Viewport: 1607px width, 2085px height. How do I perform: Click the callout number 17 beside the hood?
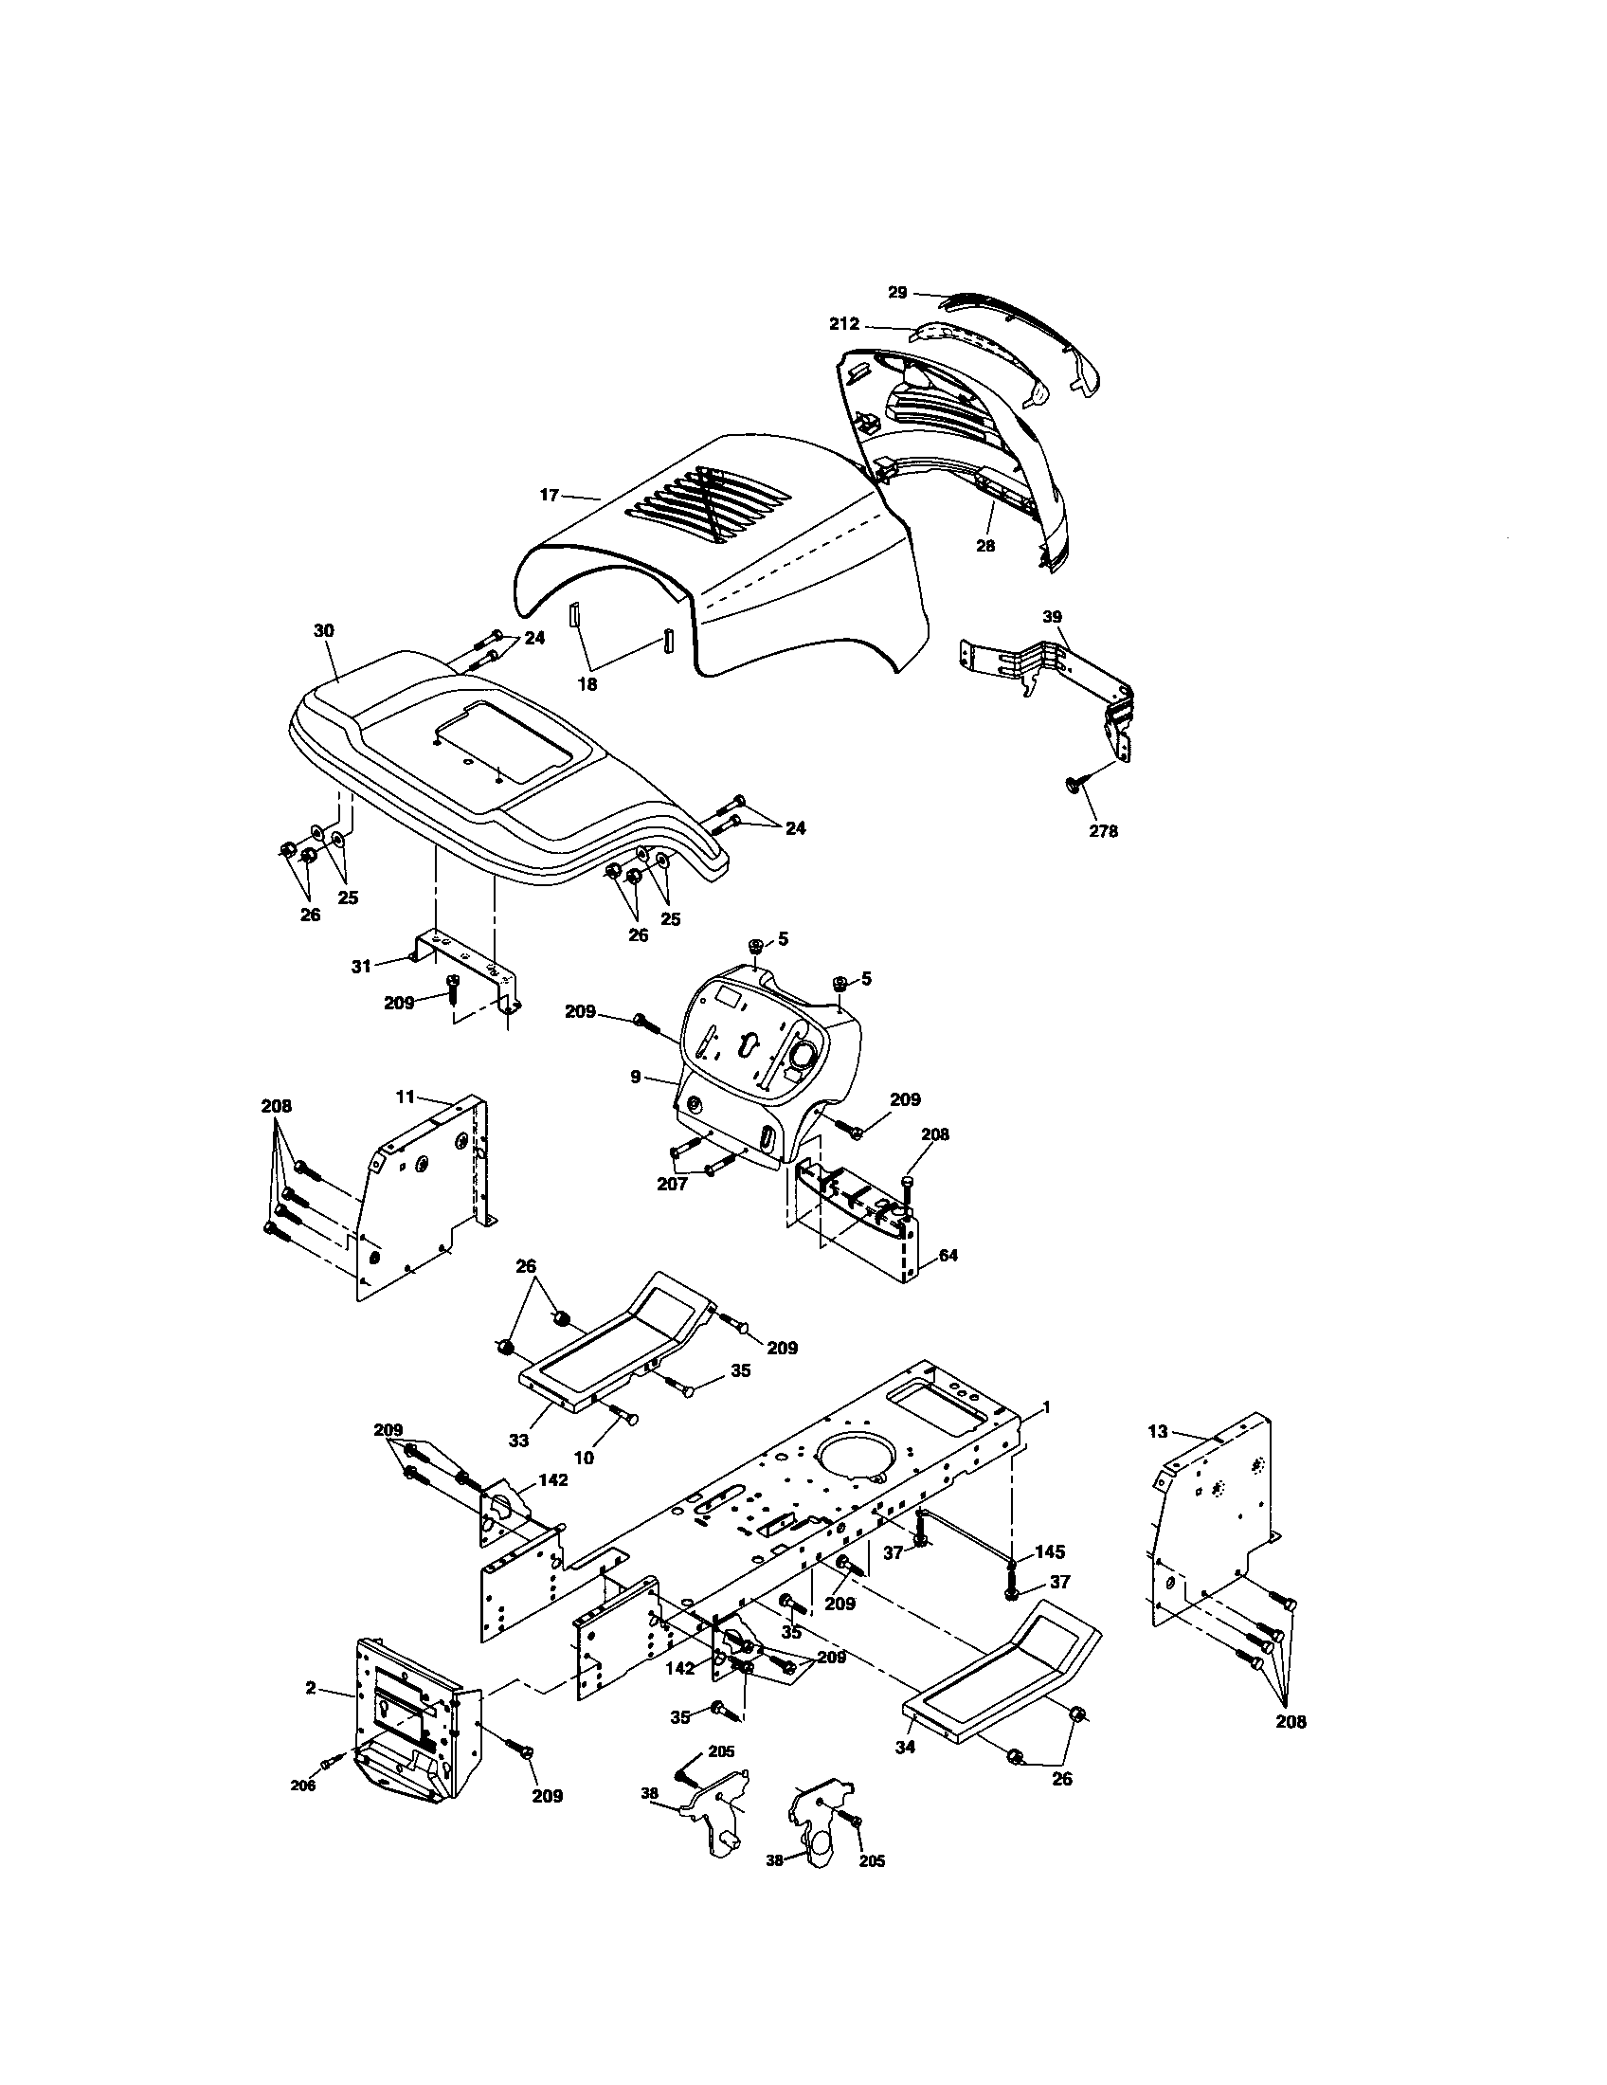coord(550,495)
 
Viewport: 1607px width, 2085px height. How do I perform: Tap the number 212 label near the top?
coord(844,324)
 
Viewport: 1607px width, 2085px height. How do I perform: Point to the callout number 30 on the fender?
coord(323,631)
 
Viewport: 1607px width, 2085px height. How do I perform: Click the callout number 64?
coord(947,1256)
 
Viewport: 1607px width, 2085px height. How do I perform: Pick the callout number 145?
coord(1049,1551)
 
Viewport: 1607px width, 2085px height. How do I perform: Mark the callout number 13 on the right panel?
coord(1158,1458)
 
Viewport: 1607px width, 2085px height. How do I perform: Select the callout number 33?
coord(518,1441)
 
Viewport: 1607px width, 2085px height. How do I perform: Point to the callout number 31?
coord(361,966)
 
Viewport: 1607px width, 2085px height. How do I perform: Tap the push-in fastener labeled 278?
coord(1072,784)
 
